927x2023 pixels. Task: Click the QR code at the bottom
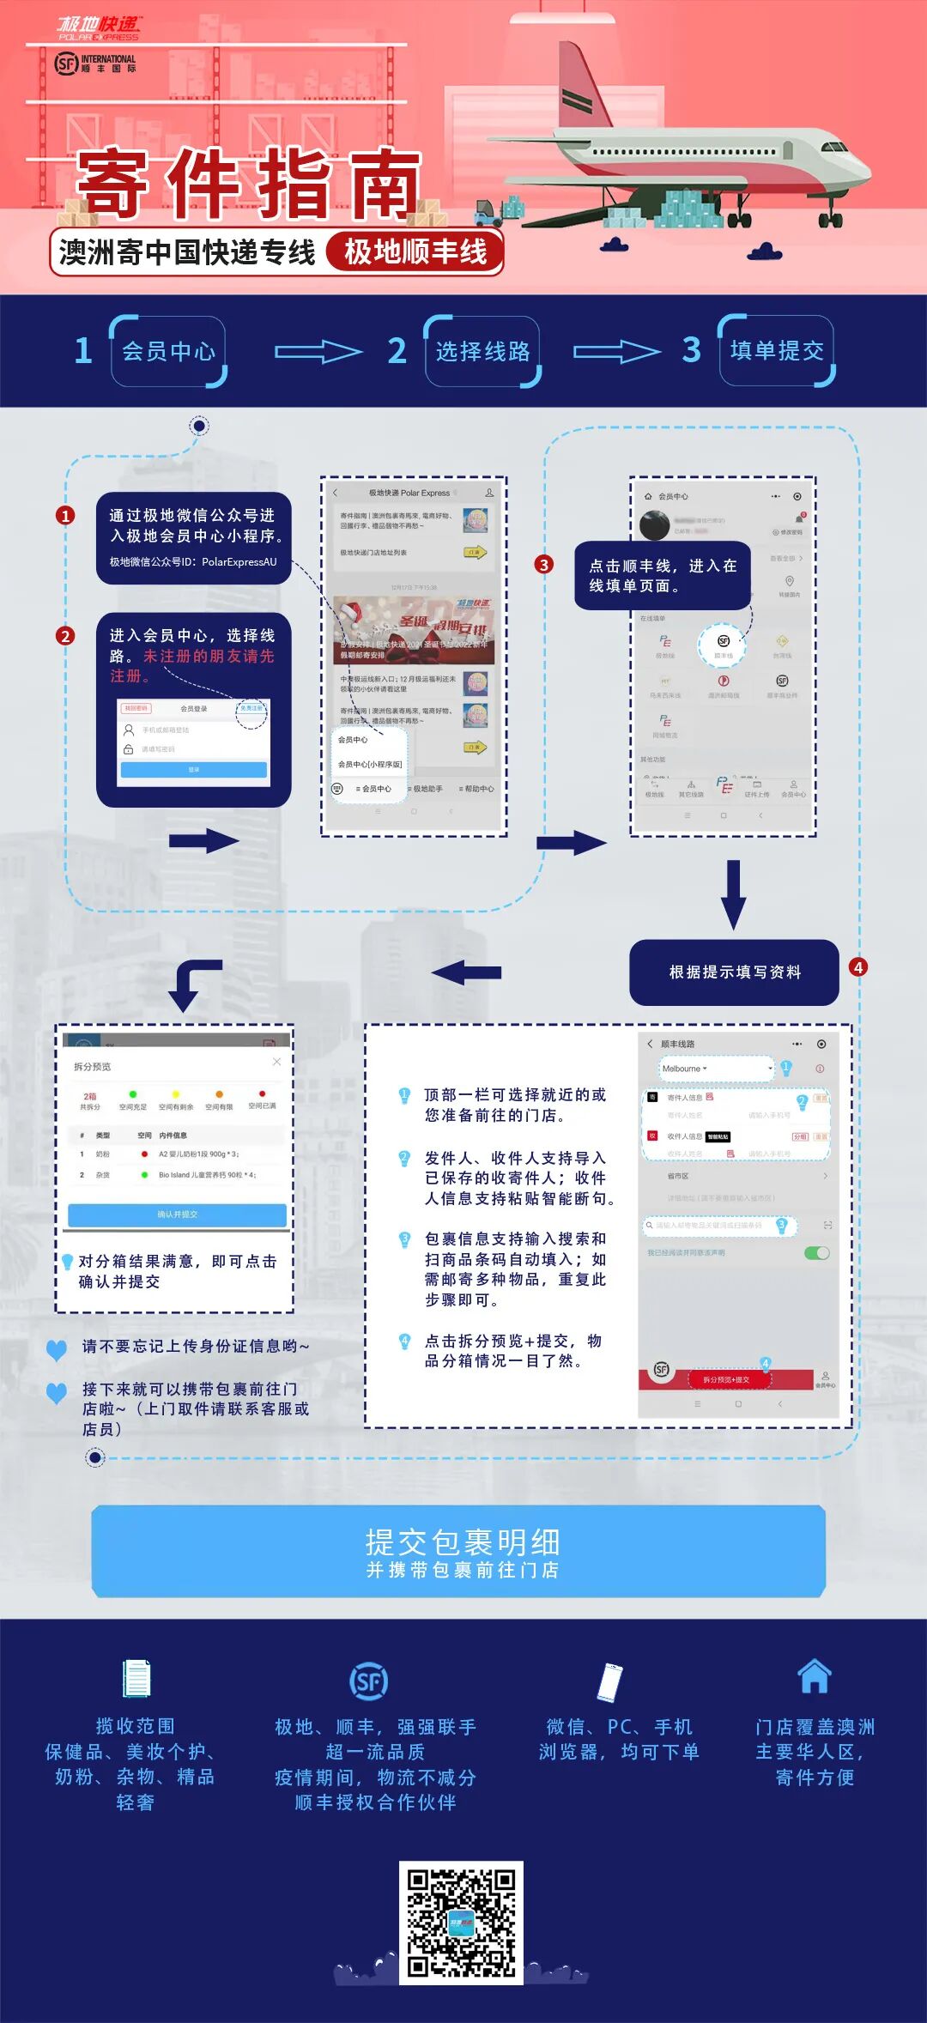pos(461,1922)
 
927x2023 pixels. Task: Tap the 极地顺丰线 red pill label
pos(415,252)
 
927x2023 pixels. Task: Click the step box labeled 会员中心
pos(168,351)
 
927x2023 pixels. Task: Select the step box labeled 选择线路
pos(482,351)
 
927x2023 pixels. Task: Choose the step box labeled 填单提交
pos(777,350)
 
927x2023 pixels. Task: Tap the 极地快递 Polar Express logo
pos(99,28)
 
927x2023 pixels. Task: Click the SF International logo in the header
pos(95,64)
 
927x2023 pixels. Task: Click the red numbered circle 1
pos(65,515)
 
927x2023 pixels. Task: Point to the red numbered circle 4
pos(857,967)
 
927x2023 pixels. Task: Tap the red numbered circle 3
pos(543,564)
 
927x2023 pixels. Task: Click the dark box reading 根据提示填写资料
pos(734,972)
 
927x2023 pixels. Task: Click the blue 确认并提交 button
pos(177,1214)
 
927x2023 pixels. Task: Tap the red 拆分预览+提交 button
pos(726,1379)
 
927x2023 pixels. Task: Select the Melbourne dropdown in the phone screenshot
pos(714,1069)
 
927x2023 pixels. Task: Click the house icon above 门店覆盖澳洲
pos(814,1675)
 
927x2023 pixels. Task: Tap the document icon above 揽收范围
pos(136,1678)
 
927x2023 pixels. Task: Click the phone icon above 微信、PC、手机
pos(609,1681)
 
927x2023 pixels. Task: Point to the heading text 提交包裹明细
pos(463,1542)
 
